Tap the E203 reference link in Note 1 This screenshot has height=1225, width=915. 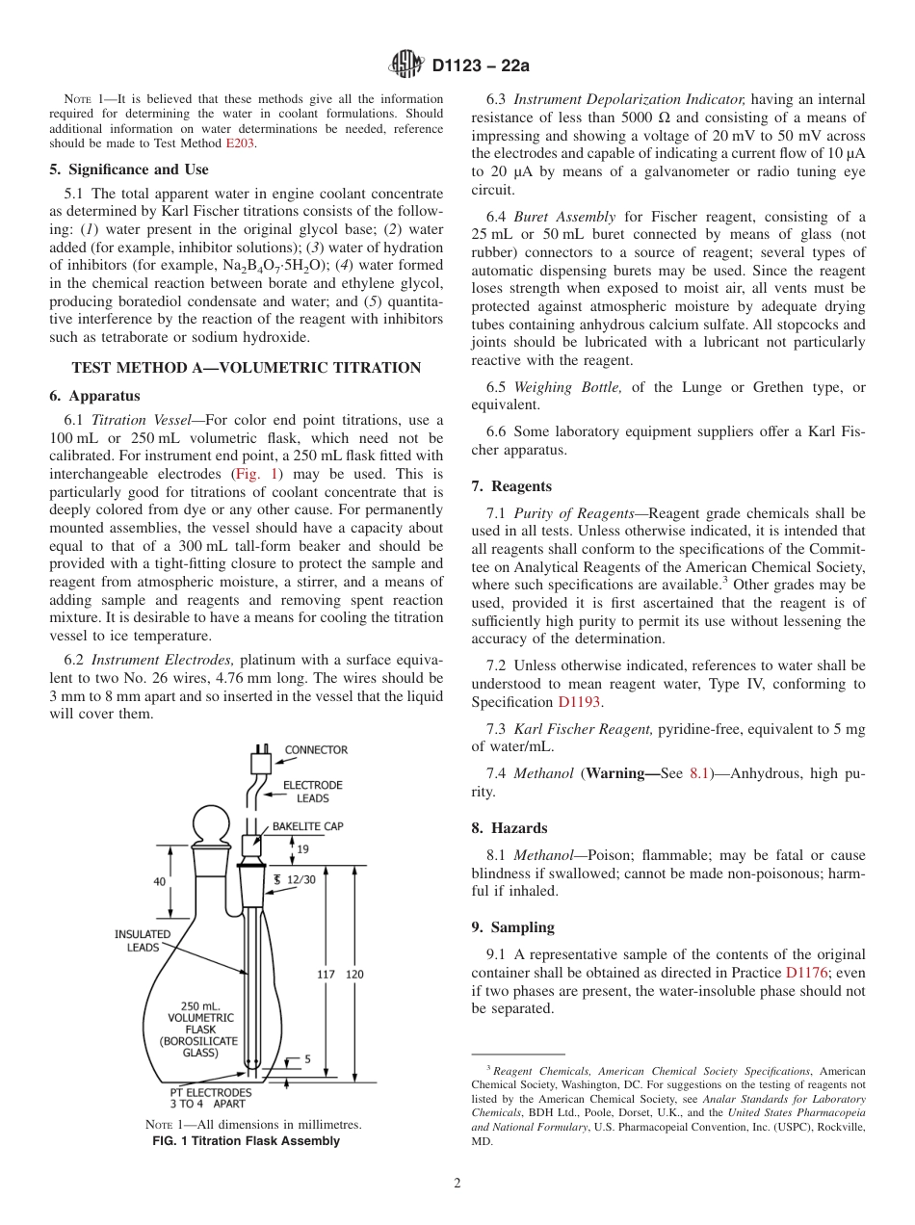click(x=241, y=143)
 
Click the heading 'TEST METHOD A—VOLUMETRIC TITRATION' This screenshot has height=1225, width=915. click(x=246, y=368)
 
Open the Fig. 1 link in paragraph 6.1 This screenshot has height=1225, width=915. click(x=255, y=474)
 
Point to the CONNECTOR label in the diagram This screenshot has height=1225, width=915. click(x=315, y=750)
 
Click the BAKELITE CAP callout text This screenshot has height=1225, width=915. click(x=307, y=826)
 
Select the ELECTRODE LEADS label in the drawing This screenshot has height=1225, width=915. click(x=312, y=792)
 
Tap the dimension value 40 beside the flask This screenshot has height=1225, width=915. click(x=160, y=881)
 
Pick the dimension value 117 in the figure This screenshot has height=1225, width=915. click(x=326, y=975)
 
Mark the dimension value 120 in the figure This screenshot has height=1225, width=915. click(x=354, y=975)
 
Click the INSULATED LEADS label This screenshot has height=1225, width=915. click(x=143, y=941)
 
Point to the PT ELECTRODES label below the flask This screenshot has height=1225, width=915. click(x=210, y=1098)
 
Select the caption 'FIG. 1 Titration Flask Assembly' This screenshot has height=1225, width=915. click(x=247, y=1141)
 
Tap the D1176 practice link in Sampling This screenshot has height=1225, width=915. click(x=804, y=973)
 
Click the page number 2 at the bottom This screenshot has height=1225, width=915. click(x=457, y=1184)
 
